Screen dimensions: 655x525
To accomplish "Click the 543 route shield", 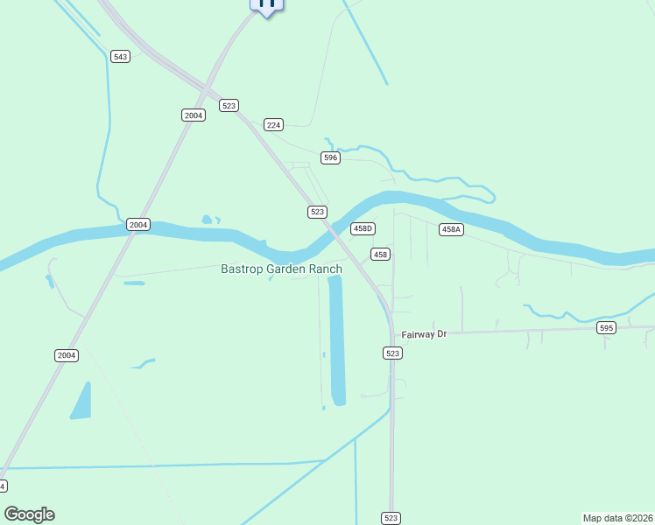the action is pyautogui.click(x=121, y=57).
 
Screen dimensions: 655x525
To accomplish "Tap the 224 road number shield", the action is pyautogui.click(x=274, y=125).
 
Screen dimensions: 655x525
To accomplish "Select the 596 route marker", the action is pyautogui.click(x=330, y=157).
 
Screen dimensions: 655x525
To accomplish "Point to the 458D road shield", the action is pyautogui.click(x=363, y=228).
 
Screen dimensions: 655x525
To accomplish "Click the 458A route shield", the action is pyautogui.click(x=451, y=229).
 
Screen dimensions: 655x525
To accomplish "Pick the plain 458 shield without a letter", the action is pyautogui.click(x=380, y=255).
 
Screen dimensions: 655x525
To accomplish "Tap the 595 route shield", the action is pyautogui.click(x=606, y=328).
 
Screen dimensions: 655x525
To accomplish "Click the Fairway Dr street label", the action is pyautogui.click(x=424, y=334).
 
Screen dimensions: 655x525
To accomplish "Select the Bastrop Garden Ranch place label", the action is pyautogui.click(x=280, y=269).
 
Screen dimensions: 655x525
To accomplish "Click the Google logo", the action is pyautogui.click(x=29, y=514).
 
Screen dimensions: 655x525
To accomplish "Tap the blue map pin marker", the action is pyautogui.click(x=267, y=4).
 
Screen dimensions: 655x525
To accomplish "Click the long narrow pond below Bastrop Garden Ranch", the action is pyautogui.click(x=337, y=341).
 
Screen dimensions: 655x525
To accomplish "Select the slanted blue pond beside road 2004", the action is pyautogui.click(x=81, y=401).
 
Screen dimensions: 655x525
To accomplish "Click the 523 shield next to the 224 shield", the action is pyautogui.click(x=229, y=105).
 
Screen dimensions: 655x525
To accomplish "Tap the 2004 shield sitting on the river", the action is pyautogui.click(x=137, y=225).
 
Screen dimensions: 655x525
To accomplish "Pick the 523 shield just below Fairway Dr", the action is pyautogui.click(x=392, y=353).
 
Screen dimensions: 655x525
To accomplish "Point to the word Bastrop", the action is pyautogui.click(x=242, y=269).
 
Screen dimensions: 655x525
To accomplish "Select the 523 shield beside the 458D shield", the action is pyautogui.click(x=317, y=212).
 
